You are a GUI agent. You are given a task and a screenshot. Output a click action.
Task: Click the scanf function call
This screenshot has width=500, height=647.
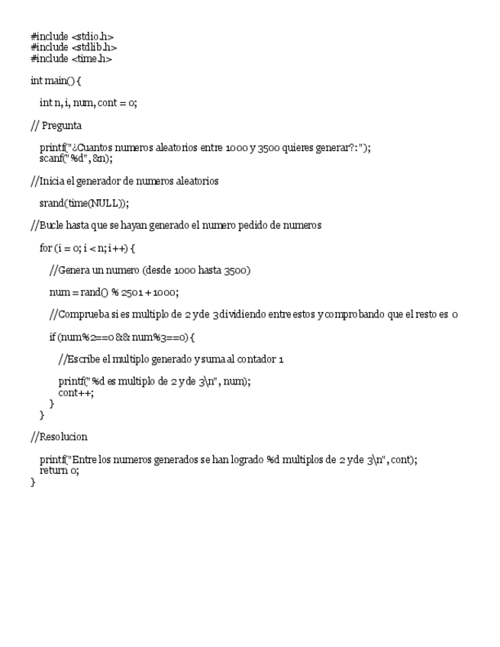click(52, 159)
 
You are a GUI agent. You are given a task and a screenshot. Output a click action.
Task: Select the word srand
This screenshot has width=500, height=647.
click(52, 203)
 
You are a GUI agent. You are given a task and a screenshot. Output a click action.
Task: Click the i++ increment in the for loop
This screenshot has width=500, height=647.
click(116, 248)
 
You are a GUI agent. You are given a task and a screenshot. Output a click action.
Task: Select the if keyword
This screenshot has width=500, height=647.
click(53, 337)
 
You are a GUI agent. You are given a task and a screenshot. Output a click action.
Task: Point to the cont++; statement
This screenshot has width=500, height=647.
click(76, 392)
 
